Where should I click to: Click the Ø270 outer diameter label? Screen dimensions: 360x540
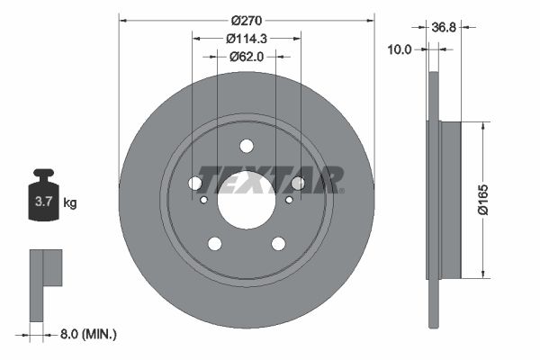[x=246, y=20]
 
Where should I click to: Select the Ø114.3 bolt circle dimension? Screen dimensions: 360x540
[x=246, y=38]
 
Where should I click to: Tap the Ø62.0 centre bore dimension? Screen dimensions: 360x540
[x=246, y=56]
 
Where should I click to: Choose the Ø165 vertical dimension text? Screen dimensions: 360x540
[x=508, y=200]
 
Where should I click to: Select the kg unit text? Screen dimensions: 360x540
[x=70, y=203]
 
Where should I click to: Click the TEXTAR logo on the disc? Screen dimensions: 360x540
[x=270, y=179]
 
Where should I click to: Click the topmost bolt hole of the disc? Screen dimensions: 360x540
[x=247, y=147]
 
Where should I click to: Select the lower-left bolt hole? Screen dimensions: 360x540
[x=214, y=243]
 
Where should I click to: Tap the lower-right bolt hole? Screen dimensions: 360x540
[x=278, y=243]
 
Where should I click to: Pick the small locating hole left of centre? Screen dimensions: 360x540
[x=202, y=200]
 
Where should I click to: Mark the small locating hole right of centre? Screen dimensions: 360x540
[x=289, y=200]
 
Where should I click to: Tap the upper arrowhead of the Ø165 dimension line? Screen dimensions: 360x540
[x=485, y=128]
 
